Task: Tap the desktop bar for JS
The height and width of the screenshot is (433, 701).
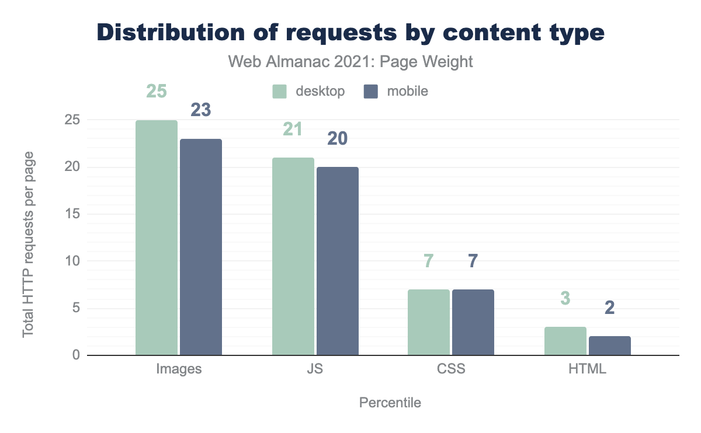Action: [293, 256]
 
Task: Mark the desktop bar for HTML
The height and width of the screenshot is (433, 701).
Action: [565, 341]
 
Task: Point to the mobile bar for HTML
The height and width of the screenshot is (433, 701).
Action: [609, 345]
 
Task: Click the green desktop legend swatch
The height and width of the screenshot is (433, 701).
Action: [280, 92]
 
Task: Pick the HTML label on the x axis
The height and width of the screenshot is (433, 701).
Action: [587, 369]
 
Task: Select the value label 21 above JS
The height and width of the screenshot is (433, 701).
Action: [292, 128]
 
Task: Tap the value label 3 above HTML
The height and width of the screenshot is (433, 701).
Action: [565, 298]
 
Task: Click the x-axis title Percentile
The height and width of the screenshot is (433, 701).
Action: [390, 403]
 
